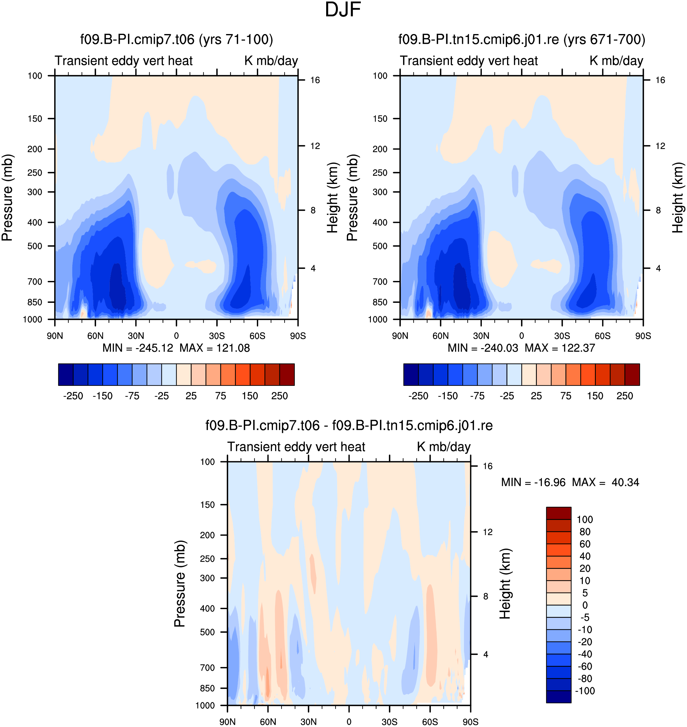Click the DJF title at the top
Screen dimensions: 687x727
click(x=343, y=10)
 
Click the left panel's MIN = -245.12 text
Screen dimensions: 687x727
click(x=138, y=348)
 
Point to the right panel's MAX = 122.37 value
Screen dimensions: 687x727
click(x=560, y=348)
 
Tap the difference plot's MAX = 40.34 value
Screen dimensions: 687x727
click(x=606, y=482)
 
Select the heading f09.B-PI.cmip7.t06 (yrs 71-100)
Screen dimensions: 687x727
click(x=177, y=40)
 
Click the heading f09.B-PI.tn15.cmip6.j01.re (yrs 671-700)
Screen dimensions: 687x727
click(x=522, y=40)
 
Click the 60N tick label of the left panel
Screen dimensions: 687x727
click(x=95, y=336)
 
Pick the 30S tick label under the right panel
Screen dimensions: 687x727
click(x=562, y=336)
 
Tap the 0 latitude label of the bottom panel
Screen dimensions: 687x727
click(x=349, y=722)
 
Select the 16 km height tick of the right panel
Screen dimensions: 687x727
click(x=660, y=80)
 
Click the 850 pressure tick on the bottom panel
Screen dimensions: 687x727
click(x=207, y=688)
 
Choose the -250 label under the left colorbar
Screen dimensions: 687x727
click(x=73, y=396)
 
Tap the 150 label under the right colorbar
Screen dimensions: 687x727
click(x=595, y=396)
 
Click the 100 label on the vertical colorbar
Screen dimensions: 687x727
click(x=585, y=520)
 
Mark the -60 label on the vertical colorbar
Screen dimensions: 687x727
click(x=585, y=666)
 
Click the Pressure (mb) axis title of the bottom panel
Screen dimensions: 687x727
click(x=180, y=584)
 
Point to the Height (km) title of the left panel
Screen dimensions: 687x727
click(x=333, y=198)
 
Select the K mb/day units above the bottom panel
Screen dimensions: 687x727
click(x=444, y=447)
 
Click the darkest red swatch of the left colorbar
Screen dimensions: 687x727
click(x=287, y=375)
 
